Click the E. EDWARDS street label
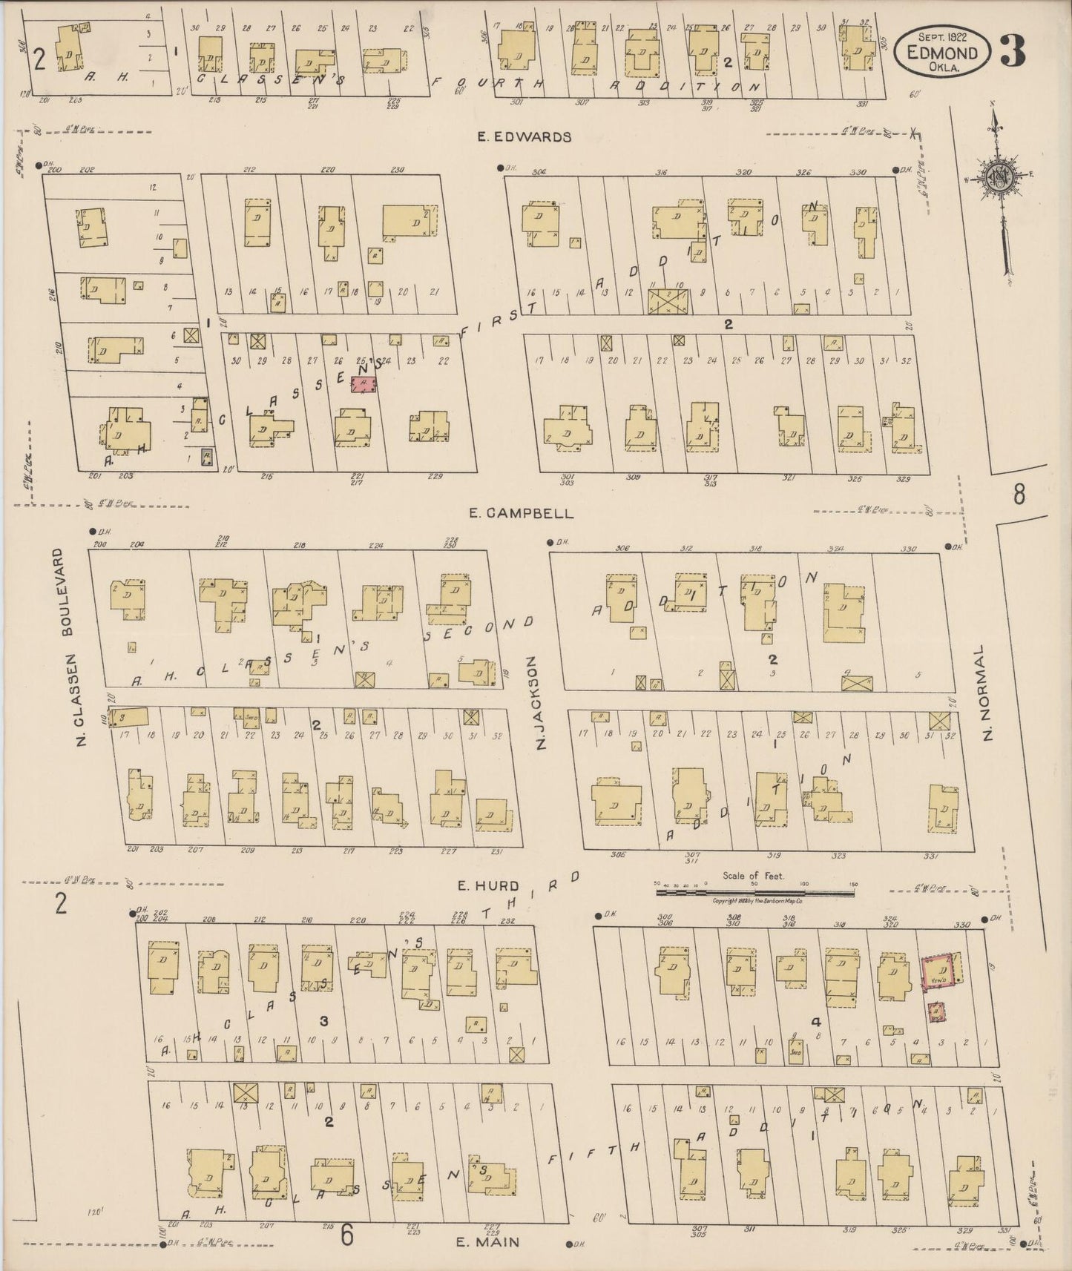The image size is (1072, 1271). pos(525,136)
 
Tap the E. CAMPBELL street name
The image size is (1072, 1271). pos(522,512)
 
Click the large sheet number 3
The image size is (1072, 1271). pos(1014,50)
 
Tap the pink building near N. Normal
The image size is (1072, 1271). pos(938,972)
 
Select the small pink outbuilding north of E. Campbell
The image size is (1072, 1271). pos(364,383)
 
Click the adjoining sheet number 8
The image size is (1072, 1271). pos(1019,494)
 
